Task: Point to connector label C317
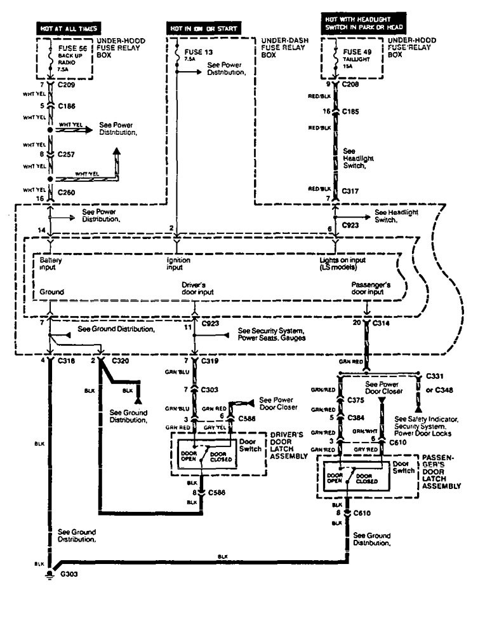[x=351, y=190]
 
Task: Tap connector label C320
[x=120, y=361]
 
